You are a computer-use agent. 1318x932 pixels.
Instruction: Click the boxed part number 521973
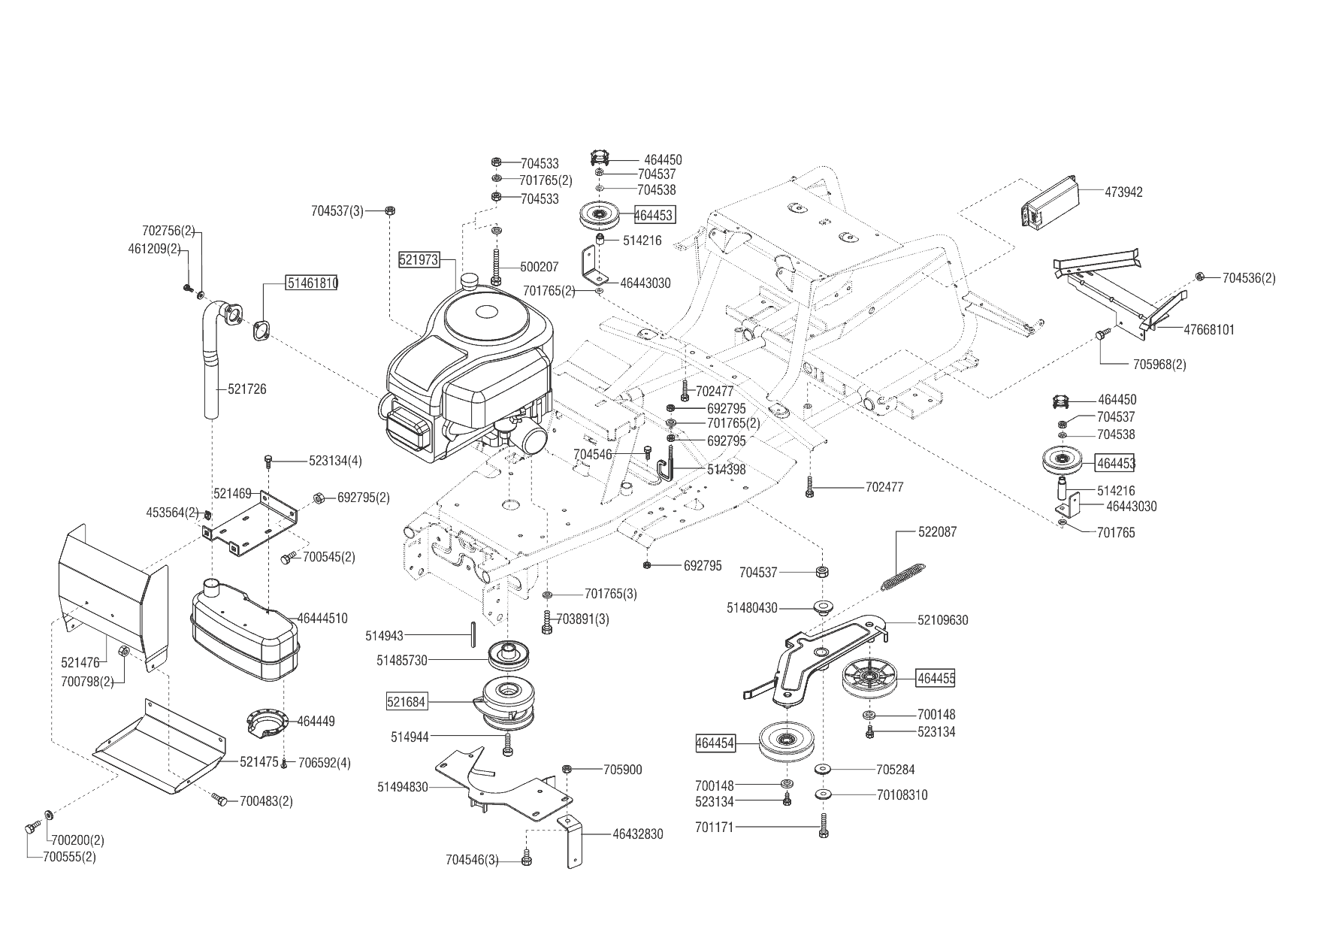pyautogui.click(x=418, y=260)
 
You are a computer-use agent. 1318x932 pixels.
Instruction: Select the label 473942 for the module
pyautogui.click(x=1123, y=192)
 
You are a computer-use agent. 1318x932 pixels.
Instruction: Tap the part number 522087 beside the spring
pyautogui.click(x=937, y=532)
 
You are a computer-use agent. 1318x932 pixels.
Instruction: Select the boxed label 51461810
pyautogui.click(x=312, y=283)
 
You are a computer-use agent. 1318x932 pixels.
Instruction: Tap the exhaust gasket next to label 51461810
pyautogui.click(x=261, y=329)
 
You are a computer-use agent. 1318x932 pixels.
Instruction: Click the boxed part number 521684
pyautogui.click(x=407, y=702)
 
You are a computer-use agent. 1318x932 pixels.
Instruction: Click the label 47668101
pyautogui.click(x=1209, y=329)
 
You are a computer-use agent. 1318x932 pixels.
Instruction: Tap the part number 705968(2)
pyautogui.click(x=1159, y=365)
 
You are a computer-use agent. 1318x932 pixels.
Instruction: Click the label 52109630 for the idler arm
pyautogui.click(x=942, y=621)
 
